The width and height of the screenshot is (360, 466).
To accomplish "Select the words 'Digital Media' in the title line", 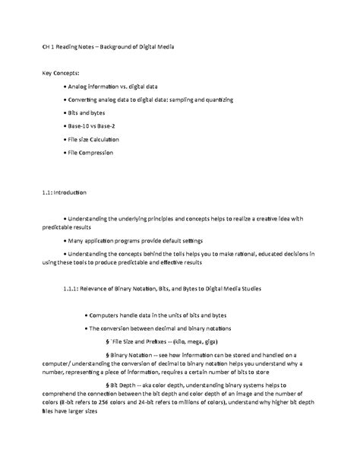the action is (156, 47).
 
